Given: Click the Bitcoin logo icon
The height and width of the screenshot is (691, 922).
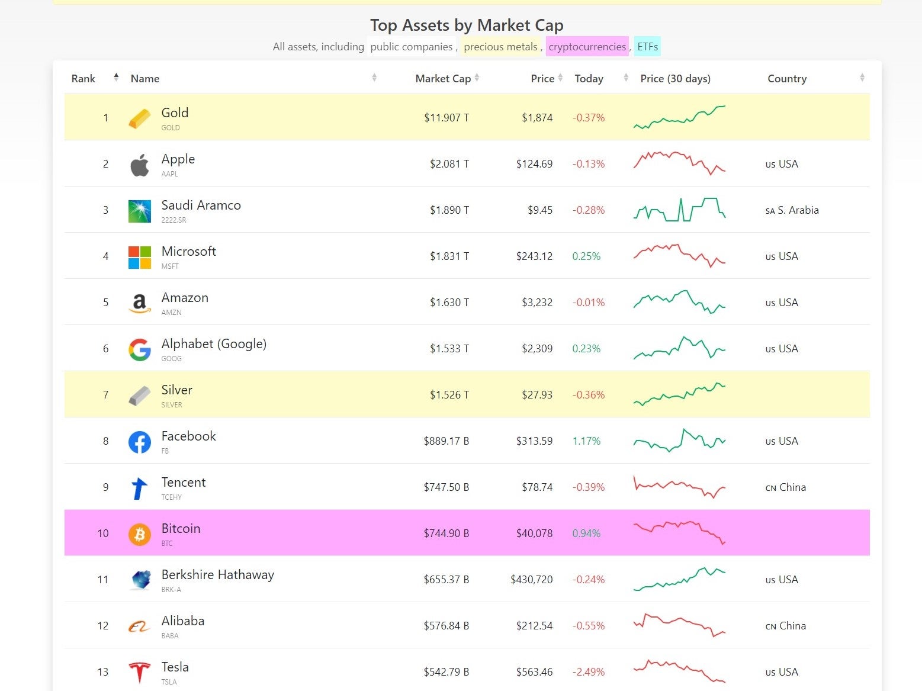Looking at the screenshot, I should pyautogui.click(x=140, y=533).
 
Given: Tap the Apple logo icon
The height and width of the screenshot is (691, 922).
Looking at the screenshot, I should pyautogui.click(x=140, y=165).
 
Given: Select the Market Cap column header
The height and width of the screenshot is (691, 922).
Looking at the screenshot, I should pyautogui.click(x=443, y=79).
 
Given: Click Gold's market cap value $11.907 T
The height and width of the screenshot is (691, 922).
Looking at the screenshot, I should pyautogui.click(x=446, y=118).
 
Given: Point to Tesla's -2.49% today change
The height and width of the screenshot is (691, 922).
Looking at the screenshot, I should pyautogui.click(x=588, y=672).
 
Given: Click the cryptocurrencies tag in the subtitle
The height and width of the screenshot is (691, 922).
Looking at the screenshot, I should pyautogui.click(x=587, y=47).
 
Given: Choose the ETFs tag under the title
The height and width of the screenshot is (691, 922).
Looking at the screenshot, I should pyautogui.click(x=647, y=47).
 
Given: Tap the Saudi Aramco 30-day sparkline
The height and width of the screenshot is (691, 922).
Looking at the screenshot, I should pyautogui.click(x=679, y=210).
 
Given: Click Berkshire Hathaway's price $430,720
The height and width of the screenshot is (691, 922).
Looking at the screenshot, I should pyautogui.click(x=531, y=580).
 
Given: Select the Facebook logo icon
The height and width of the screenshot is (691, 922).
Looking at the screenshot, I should pyautogui.click(x=140, y=442).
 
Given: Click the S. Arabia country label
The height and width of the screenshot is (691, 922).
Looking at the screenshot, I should pyautogui.click(x=798, y=210).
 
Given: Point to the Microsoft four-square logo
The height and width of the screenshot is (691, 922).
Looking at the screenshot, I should pyautogui.click(x=140, y=257).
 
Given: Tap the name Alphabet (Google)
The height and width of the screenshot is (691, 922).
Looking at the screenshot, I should pyautogui.click(x=214, y=344).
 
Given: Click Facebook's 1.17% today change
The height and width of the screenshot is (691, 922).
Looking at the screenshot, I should pyautogui.click(x=586, y=441).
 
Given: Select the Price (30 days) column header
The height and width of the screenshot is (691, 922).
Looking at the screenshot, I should pyautogui.click(x=675, y=79).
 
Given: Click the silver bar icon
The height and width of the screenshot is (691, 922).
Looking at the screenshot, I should pyautogui.click(x=140, y=396).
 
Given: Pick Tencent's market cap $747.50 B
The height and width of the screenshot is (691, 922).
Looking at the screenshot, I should pyautogui.click(x=446, y=487).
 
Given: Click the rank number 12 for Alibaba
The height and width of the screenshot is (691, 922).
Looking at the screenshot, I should pyautogui.click(x=103, y=626).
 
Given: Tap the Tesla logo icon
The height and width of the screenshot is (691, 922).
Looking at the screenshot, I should pyautogui.click(x=140, y=672).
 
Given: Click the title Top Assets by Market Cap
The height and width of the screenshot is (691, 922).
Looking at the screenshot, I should pyautogui.click(x=467, y=25).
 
